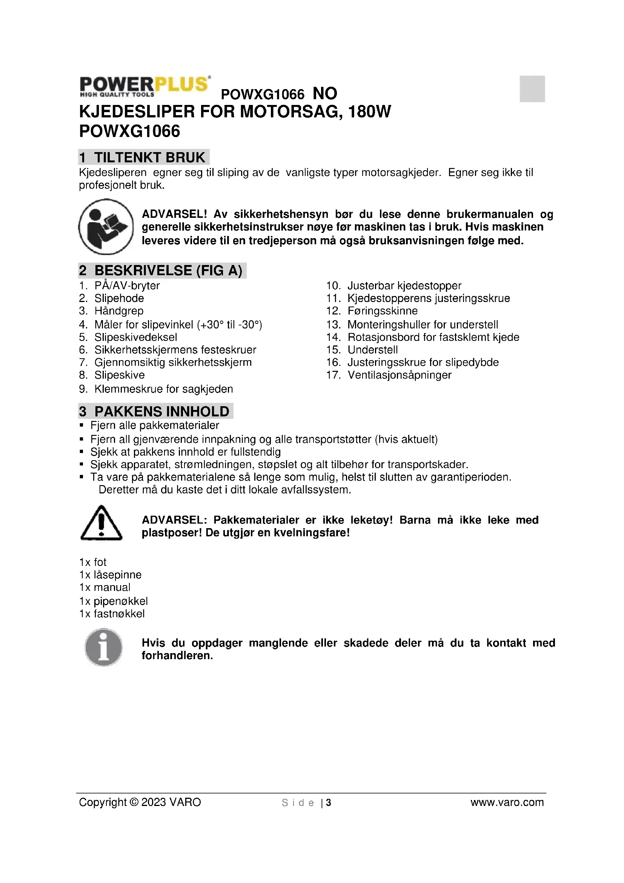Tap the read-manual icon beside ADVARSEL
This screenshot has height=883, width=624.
[x=106, y=227]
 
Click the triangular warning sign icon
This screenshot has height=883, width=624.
[x=101, y=522]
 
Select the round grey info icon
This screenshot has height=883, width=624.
[x=103, y=647]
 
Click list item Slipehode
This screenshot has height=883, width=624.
[x=119, y=298]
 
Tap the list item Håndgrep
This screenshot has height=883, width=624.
[x=119, y=311]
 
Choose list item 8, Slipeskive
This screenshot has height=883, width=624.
[x=120, y=375]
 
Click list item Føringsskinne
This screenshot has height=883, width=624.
[x=382, y=311]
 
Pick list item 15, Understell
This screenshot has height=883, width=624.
[x=372, y=350]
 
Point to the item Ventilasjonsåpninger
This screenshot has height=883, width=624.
[x=399, y=375]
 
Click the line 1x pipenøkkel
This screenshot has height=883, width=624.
[x=113, y=601]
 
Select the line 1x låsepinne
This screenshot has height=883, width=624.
[x=110, y=575]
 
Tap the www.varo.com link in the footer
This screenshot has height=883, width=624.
[x=507, y=802]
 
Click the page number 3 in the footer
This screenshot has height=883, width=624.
[x=329, y=803]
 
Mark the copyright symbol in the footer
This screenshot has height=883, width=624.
[x=134, y=802]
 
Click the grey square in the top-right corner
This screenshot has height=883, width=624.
[x=532, y=89]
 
